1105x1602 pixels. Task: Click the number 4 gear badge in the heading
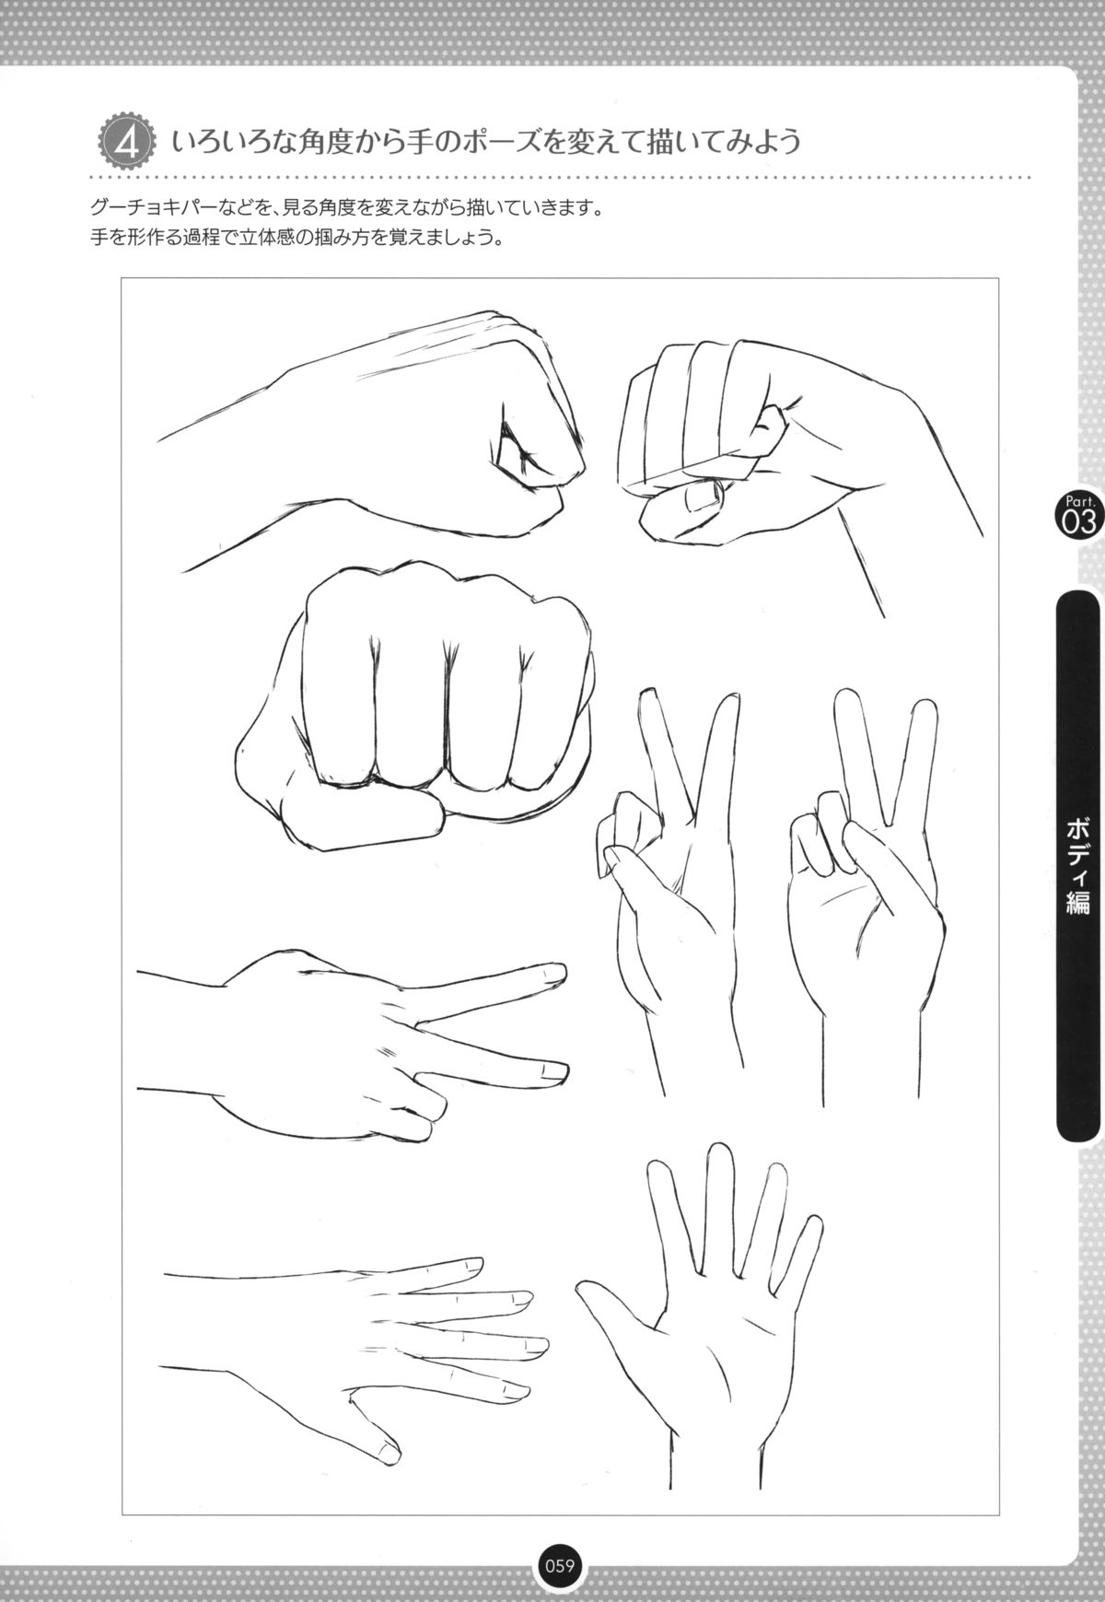click(x=124, y=141)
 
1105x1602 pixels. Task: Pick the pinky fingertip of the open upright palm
click(x=813, y=1223)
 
